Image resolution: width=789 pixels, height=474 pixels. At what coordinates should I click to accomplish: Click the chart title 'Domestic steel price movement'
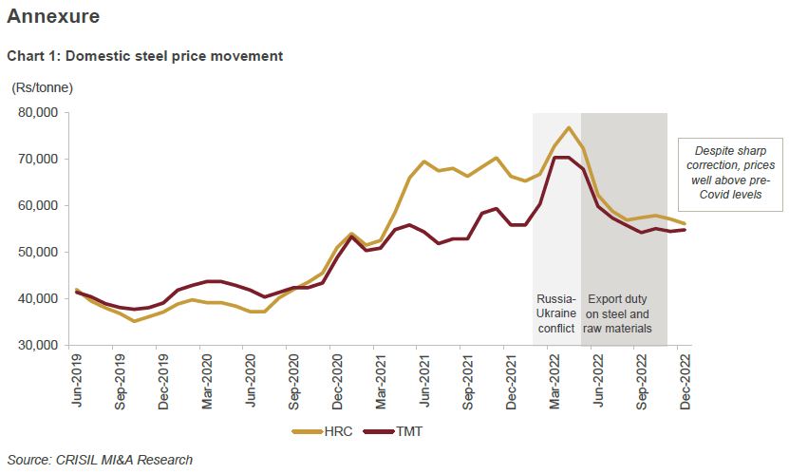144,56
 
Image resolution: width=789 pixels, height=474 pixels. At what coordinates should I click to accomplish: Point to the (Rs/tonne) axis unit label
42,87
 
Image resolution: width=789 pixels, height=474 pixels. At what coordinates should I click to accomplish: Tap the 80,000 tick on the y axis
39,112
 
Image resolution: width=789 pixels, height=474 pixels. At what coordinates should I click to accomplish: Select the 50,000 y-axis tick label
39,253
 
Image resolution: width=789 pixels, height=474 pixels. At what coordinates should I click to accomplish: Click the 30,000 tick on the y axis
39,346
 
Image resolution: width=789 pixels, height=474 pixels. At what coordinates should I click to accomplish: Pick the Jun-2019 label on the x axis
77,381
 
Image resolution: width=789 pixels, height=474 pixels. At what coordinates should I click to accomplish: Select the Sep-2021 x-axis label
468,381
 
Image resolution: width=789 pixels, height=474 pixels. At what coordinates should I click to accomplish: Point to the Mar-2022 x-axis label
555,381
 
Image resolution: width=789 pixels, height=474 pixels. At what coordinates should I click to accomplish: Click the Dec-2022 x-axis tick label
686,381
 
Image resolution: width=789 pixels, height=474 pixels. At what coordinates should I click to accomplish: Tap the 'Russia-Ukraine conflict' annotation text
556,313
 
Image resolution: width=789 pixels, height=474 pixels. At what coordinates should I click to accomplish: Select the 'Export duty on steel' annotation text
623,313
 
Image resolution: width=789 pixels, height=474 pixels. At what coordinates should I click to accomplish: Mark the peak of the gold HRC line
568,127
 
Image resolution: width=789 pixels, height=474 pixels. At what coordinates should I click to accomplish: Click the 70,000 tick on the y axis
39,160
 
